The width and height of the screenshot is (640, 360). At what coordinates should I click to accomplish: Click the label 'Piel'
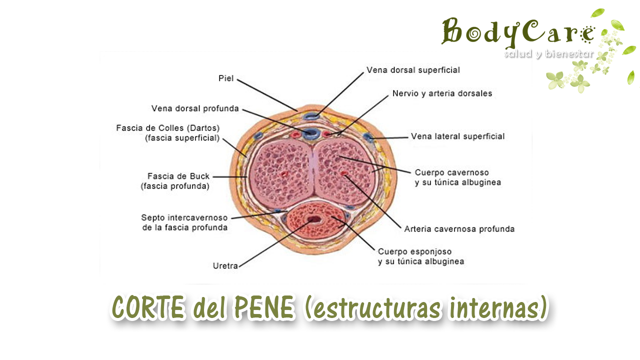(x=226, y=78)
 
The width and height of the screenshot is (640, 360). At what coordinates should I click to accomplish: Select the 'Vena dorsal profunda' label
(x=195, y=108)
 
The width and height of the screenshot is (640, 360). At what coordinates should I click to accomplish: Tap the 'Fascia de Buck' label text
(x=178, y=176)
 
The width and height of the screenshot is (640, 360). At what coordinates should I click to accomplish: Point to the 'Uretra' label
(x=225, y=266)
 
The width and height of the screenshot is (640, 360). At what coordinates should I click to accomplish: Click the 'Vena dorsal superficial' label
(x=413, y=70)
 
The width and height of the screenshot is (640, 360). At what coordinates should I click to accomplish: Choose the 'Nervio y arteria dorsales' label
(x=442, y=93)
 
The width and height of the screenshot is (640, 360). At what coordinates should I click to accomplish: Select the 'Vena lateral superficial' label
(x=457, y=136)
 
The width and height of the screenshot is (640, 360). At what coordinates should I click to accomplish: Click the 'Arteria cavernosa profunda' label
(x=459, y=229)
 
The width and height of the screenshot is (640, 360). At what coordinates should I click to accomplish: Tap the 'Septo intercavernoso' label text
(x=184, y=218)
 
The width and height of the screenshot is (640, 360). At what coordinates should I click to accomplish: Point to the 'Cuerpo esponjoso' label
(x=414, y=251)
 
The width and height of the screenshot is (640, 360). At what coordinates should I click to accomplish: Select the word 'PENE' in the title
(x=263, y=308)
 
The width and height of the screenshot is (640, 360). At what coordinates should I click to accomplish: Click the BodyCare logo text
(x=517, y=32)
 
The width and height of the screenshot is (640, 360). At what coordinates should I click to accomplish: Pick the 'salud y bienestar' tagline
(x=548, y=53)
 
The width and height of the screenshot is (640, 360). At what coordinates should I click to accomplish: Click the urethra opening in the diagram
(x=314, y=219)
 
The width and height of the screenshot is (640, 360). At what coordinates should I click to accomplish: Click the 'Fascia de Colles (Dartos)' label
(x=168, y=128)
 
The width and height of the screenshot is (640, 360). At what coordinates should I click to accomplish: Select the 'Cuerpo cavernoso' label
(x=451, y=172)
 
